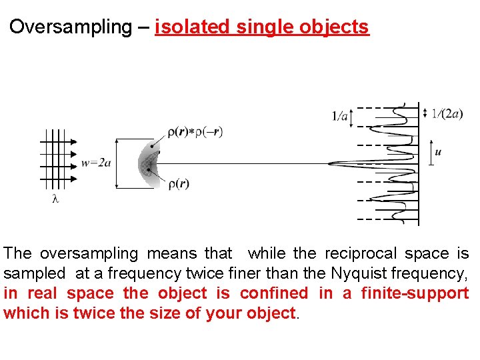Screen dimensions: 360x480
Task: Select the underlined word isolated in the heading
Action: [x=191, y=27]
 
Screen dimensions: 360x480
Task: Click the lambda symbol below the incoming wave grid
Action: [x=55, y=199]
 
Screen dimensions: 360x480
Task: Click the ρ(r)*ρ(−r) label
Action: [x=195, y=132]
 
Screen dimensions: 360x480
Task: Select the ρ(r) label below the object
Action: [x=178, y=184]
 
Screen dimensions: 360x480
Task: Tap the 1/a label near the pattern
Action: [x=340, y=117]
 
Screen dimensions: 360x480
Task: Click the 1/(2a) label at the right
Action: [x=447, y=113]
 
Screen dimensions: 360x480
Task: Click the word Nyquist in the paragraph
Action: [x=357, y=273]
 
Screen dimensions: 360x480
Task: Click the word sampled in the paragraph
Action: [x=35, y=273]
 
